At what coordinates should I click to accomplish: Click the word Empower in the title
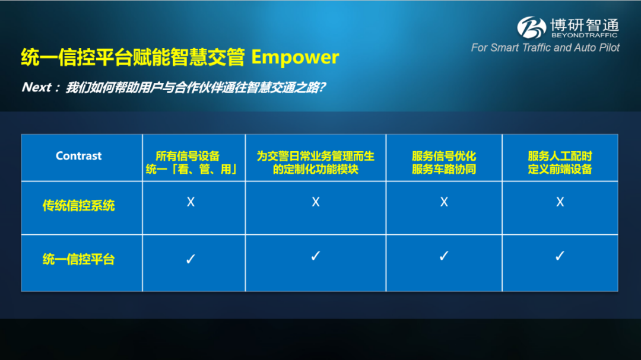point(295,58)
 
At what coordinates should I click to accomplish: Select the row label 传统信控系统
point(78,206)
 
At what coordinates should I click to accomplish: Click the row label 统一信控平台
point(78,259)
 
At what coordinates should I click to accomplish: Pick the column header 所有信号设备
point(188,156)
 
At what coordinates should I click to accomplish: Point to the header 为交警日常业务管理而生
point(316,156)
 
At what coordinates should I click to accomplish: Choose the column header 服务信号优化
point(444,156)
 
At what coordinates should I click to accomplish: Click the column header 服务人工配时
point(560,156)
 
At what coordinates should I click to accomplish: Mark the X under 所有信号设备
point(191,202)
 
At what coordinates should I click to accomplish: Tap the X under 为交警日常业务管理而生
point(316,202)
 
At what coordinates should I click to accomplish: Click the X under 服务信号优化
point(444,202)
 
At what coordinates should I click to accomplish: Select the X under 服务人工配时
point(560,202)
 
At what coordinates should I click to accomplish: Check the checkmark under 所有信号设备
point(191,259)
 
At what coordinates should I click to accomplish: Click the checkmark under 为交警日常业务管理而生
point(316,256)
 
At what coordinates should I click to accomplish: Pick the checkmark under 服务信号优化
point(444,256)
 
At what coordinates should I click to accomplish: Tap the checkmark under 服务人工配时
point(560,256)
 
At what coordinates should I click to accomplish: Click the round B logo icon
point(531,27)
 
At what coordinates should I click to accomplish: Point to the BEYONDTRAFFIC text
point(585,35)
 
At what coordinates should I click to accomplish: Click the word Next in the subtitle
point(37,87)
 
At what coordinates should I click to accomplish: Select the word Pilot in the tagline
point(609,48)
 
